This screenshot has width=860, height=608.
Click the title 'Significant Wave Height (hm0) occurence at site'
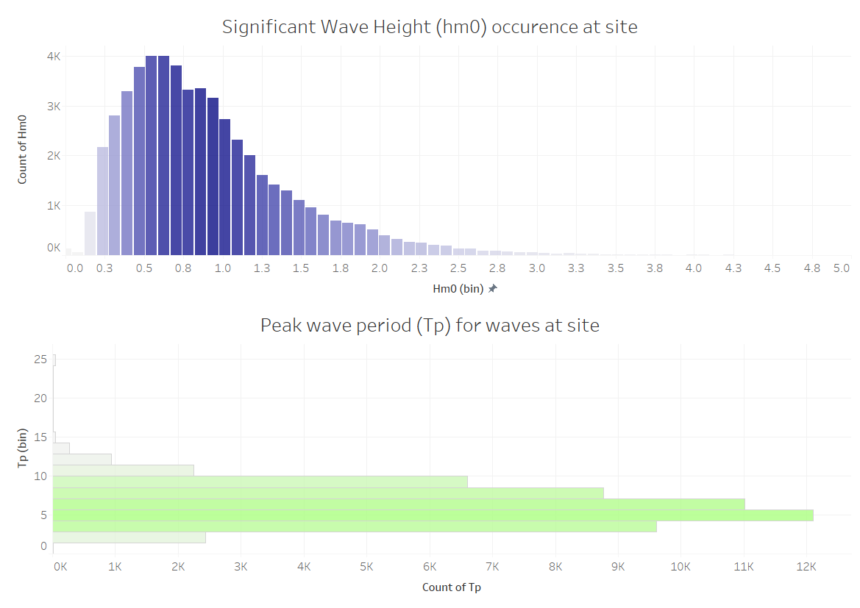click(430, 27)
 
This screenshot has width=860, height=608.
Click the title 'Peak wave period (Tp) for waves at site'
click(430, 325)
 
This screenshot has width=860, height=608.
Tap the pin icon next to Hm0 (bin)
click(493, 289)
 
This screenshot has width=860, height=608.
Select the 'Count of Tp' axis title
click(451, 587)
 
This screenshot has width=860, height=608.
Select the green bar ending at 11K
click(398, 504)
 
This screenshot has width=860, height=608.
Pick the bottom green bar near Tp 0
click(129, 537)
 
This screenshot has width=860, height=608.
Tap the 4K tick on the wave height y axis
click(53, 57)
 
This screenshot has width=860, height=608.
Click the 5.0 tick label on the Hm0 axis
click(842, 268)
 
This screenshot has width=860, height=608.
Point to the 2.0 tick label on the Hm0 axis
click(380, 268)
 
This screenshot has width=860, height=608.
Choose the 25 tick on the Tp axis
click(40, 359)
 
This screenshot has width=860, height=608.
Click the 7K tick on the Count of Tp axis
click(493, 567)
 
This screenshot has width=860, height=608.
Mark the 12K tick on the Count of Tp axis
click(806, 567)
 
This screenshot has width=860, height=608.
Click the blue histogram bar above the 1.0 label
click(224, 187)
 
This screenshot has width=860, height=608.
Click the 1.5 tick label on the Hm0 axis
click(301, 268)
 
